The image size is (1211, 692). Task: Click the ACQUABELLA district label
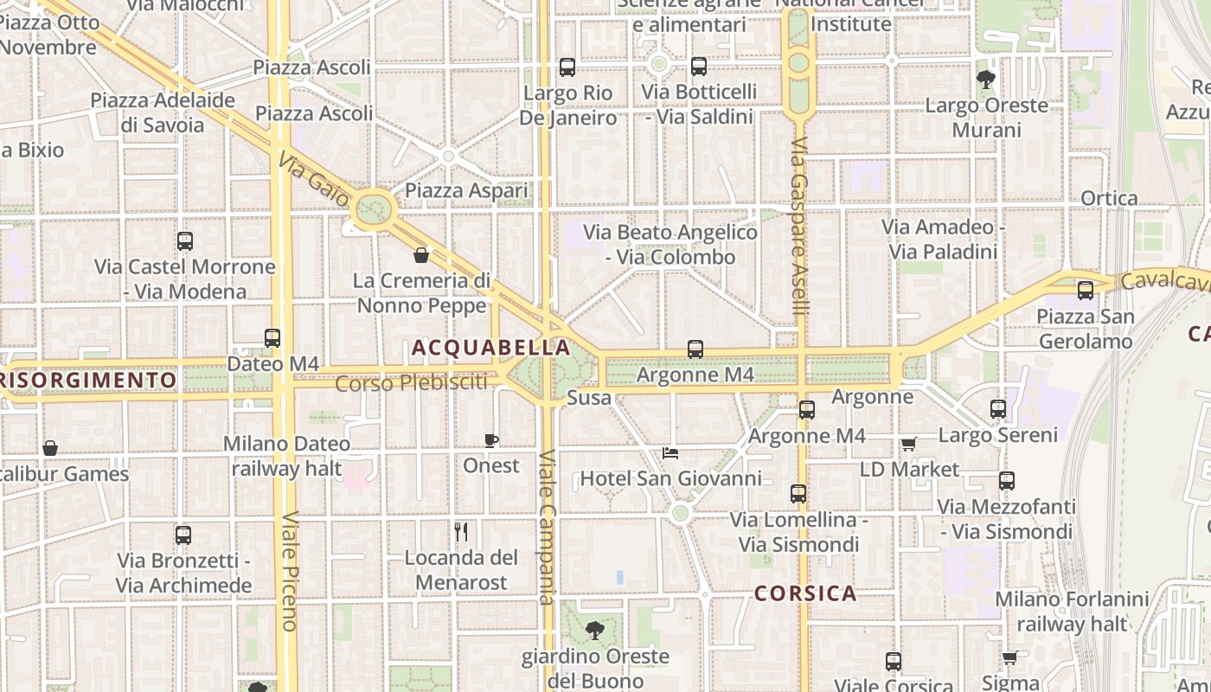490,348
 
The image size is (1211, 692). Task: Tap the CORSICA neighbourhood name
805,593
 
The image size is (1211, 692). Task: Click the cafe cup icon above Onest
491,441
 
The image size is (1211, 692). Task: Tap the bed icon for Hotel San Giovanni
670,452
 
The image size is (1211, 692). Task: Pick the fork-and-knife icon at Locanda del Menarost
462,531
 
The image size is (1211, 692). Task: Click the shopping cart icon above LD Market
908,444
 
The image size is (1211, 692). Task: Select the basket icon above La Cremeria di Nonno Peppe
421,255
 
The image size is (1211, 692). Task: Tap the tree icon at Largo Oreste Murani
985,80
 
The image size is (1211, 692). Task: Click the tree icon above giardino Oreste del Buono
594,631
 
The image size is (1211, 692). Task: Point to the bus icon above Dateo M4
272,338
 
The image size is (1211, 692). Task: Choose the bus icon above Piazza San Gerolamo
1085,291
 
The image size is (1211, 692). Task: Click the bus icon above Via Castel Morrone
184,241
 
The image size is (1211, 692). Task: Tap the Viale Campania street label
546,528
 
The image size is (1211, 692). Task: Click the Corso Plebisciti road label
411,382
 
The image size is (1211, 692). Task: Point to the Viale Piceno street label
289,571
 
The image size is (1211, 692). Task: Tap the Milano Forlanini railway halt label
1072,611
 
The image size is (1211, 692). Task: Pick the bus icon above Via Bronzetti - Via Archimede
183,535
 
